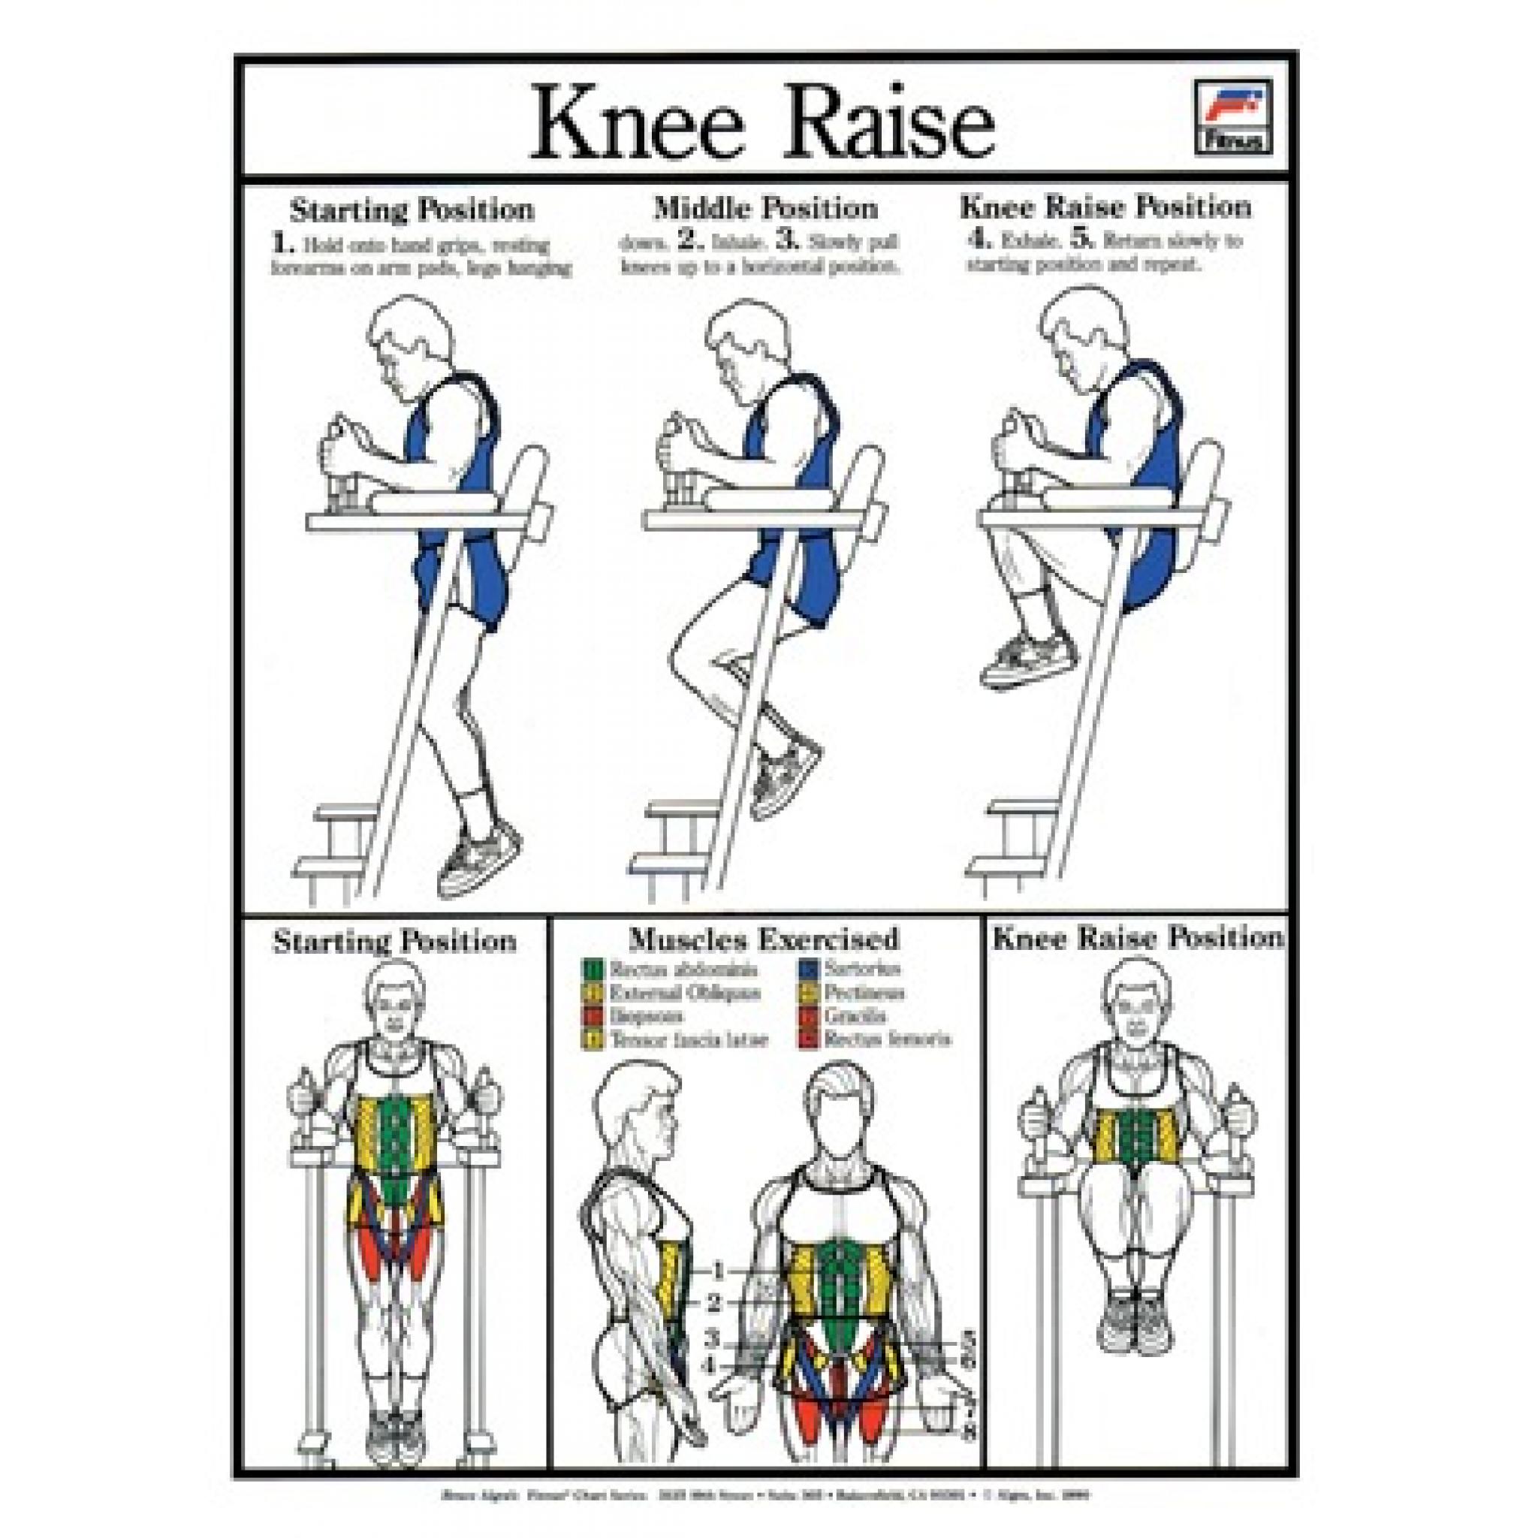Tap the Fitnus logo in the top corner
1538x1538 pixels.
click(1232, 117)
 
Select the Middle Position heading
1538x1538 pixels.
click(765, 209)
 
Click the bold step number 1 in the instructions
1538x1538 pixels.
click(279, 243)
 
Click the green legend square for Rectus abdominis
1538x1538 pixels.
click(593, 970)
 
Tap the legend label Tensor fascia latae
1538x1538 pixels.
click(688, 1039)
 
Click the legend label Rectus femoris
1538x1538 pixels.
click(888, 1039)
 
